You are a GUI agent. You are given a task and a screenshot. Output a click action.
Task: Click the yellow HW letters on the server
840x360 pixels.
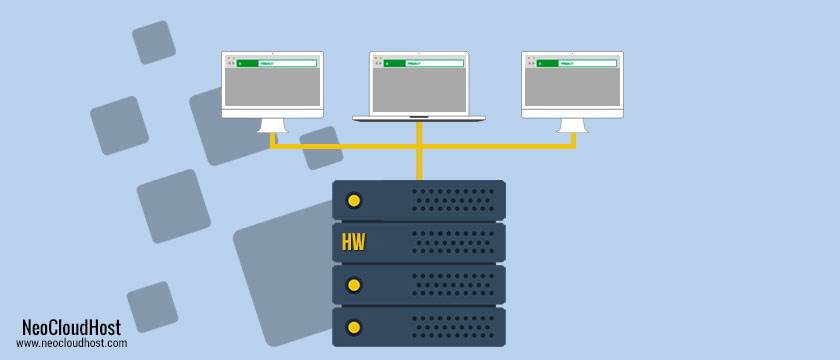[x=353, y=243]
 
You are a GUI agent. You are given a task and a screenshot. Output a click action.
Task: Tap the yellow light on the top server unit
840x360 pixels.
[x=353, y=201]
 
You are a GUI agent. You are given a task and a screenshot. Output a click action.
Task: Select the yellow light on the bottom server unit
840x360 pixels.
[x=353, y=327]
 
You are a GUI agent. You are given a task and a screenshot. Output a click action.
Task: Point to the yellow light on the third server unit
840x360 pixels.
[x=353, y=285]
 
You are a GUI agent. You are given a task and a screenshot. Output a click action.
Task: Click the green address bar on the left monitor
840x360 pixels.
[x=277, y=63]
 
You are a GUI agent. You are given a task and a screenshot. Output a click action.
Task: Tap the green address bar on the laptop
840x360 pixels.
[x=424, y=63]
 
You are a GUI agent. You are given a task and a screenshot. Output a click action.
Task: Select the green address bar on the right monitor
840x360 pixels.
[x=577, y=63]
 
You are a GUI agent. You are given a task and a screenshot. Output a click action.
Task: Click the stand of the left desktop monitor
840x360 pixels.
[x=272, y=125]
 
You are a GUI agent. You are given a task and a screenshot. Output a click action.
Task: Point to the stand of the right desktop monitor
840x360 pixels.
[x=573, y=125]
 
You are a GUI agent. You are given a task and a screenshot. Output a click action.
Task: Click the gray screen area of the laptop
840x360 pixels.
[x=419, y=91]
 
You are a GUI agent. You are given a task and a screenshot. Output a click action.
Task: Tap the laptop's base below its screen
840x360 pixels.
[x=419, y=119]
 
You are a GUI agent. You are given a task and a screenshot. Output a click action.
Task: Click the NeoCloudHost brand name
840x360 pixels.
[x=72, y=327]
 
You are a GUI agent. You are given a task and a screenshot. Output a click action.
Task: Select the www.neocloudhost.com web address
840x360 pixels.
[x=72, y=343]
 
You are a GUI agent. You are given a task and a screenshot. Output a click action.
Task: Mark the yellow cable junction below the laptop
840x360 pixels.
[x=419, y=146]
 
